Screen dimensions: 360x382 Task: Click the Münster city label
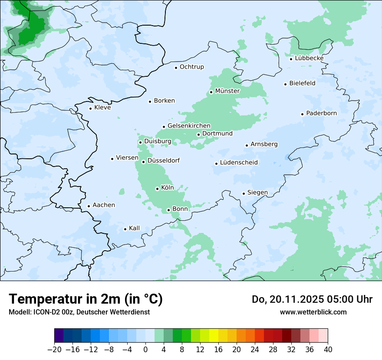point(227,91)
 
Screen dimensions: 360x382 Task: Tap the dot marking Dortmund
point(198,134)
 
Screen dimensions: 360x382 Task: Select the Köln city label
point(168,188)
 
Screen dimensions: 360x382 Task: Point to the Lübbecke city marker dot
point(291,59)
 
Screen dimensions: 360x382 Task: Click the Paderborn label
point(322,113)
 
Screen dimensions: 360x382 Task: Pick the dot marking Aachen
point(89,206)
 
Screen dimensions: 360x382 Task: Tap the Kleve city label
point(102,108)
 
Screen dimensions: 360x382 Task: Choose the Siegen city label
point(257,193)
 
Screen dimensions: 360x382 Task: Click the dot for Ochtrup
point(176,68)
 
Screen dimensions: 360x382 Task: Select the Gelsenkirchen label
point(189,126)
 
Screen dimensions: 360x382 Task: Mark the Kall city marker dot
point(125,229)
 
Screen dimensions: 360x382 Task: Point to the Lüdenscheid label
point(239,163)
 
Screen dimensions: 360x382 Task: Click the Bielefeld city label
point(303,83)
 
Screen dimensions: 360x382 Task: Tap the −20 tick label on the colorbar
point(54,350)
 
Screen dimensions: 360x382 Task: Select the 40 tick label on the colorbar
point(328,350)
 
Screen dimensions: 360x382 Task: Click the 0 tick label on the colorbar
point(145,350)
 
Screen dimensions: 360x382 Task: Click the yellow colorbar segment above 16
point(214,335)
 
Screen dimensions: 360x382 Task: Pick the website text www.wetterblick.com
point(313,312)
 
